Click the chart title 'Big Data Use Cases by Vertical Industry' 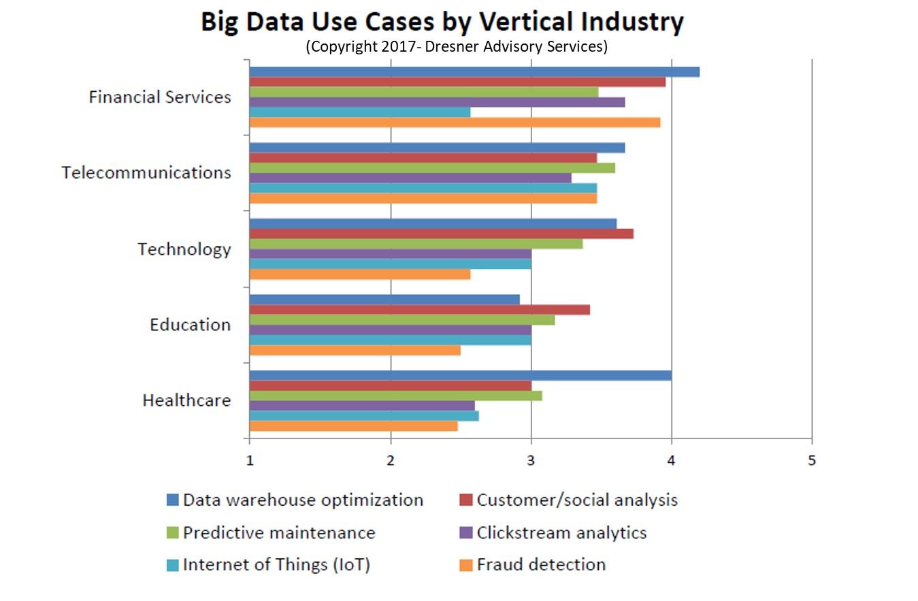pos(442,22)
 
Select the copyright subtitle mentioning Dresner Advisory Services pos(456,46)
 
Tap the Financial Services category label pos(160,97)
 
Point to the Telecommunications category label pos(146,173)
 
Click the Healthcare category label pos(186,400)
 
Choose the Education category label pos(190,324)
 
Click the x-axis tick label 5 pos(811,460)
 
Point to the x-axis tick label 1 pos(250,460)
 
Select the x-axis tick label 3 pos(531,460)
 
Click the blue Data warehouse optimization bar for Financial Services pos(474,72)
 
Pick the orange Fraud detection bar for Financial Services pos(455,122)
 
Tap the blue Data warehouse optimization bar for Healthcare pos(461,375)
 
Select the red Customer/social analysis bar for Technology pos(442,234)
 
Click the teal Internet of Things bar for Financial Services pos(360,112)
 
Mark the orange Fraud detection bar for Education pos(355,350)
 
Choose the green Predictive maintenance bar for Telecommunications pos(432,168)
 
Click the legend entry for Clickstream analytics pos(561,532)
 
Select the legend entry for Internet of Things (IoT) pos(276,564)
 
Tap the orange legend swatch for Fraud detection pos(466,565)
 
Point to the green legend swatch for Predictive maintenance pos(172,533)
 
